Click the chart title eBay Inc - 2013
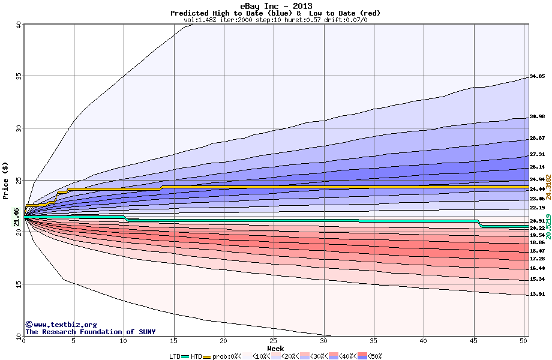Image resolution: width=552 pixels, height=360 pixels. tap(275, 5)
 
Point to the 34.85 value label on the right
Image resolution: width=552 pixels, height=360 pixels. tap(537, 77)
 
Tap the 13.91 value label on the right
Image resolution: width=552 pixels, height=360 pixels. tap(537, 295)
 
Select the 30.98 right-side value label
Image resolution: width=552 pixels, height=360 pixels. tap(537, 116)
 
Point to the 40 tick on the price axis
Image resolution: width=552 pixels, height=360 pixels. tap(18, 25)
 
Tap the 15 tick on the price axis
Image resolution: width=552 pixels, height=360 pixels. tap(18, 284)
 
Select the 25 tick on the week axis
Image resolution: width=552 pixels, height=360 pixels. tap(274, 341)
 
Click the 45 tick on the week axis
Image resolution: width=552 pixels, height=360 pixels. tap(473, 341)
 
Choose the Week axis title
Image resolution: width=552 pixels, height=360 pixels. tap(275, 349)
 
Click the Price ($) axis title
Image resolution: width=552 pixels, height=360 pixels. tap(6, 181)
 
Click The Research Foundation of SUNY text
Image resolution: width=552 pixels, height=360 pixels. tap(90, 332)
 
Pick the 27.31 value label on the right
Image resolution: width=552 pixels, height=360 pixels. tap(537, 154)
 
